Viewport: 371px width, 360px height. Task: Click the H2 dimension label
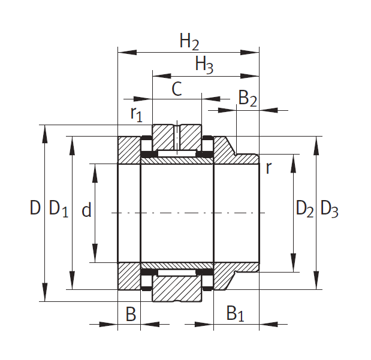(x=189, y=41)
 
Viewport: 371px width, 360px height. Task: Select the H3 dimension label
(x=204, y=65)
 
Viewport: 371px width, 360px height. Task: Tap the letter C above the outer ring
(x=177, y=89)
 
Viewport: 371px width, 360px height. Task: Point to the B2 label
(x=248, y=98)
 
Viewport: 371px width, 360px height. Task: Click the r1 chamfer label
(x=137, y=114)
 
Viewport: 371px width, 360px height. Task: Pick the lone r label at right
(x=269, y=168)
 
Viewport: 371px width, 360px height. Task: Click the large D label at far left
(x=35, y=207)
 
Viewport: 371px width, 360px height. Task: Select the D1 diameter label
(x=59, y=208)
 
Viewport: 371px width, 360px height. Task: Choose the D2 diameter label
(x=304, y=208)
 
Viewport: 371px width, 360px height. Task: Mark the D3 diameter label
(x=330, y=208)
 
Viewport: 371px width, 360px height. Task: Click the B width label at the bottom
(x=131, y=314)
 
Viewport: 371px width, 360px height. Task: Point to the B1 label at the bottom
(x=235, y=313)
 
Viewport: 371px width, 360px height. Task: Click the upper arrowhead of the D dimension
(x=45, y=134)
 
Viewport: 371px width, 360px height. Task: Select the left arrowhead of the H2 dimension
(x=127, y=52)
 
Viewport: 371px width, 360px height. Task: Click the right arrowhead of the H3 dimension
(x=250, y=76)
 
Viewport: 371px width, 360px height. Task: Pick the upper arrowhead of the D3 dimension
(x=316, y=146)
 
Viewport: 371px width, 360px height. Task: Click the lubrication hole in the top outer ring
(x=177, y=138)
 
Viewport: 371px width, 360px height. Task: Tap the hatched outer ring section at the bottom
(x=177, y=289)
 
